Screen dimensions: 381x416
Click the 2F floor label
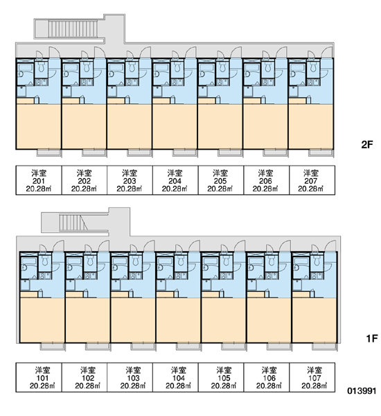coord(367,145)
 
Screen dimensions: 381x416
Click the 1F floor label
coord(372,338)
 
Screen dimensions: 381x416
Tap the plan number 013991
coord(362,391)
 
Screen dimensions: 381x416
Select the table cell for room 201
coord(39,180)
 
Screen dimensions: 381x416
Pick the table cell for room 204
coord(175,180)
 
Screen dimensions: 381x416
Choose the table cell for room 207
coord(312,180)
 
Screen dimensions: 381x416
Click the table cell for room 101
coord(39,377)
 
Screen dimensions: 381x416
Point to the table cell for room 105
coord(220,377)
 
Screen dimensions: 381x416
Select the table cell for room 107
coord(312,377)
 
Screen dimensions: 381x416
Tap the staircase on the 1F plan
coord(73,223)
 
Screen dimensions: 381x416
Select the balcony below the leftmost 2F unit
coord(48,153)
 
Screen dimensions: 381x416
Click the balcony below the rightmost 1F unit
coord(324,347)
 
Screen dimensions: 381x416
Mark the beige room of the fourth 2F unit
coord(175,127)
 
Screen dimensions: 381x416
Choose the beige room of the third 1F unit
coord(133,320)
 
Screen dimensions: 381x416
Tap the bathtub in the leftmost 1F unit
coord(28,261)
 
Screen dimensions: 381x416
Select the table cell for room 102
coord(85,377)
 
